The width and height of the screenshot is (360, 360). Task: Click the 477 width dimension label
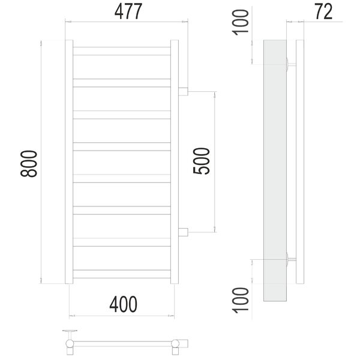pos(128,11)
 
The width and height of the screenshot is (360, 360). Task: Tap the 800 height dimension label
pos(29,164)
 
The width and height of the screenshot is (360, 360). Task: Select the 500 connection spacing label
pos(202,161)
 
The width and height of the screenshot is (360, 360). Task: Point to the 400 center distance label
pos(123,304)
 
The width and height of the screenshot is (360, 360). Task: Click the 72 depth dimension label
pos(323,11)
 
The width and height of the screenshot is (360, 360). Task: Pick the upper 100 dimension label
pos(241,22)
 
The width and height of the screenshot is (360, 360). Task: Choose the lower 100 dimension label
pos(241,300)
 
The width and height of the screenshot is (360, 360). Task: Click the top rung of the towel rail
pos(122,51)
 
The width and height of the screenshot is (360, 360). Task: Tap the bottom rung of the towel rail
pos(122,274)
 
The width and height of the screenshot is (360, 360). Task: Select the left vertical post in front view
pos(69,162)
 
